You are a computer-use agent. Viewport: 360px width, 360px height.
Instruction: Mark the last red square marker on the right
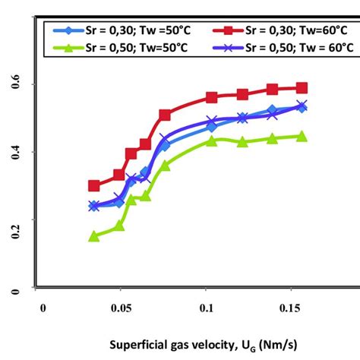[302, 88]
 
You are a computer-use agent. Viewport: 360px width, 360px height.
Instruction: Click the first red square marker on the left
[94, 185]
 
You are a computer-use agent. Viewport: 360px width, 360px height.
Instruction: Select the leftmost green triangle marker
[94, 236]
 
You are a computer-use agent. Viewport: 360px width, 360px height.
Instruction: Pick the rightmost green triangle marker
[302, 137]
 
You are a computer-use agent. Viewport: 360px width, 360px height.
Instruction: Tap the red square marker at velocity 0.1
[212, 97]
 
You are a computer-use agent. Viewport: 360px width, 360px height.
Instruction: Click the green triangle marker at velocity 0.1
[212, 141]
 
